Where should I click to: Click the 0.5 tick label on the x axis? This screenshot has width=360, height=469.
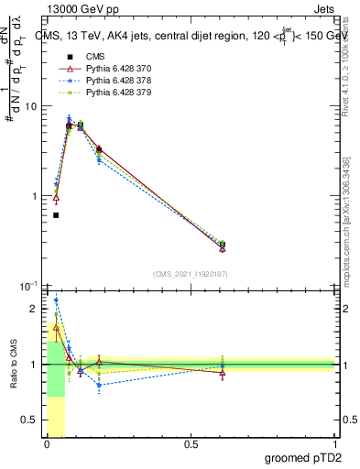tap(191, 444)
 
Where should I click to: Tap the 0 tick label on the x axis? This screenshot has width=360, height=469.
tap(47, 444)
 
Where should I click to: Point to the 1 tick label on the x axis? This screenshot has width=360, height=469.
tap(334, 444)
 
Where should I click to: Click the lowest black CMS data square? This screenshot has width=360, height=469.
tap(56, 215)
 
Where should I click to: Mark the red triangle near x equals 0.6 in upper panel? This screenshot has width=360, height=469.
tap(223, 248)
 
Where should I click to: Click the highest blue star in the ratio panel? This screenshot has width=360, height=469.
tap(56, 300)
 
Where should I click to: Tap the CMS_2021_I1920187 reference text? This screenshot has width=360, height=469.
tap(191, 273)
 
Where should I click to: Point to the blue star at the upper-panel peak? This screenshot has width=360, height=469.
tap(69, 118)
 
